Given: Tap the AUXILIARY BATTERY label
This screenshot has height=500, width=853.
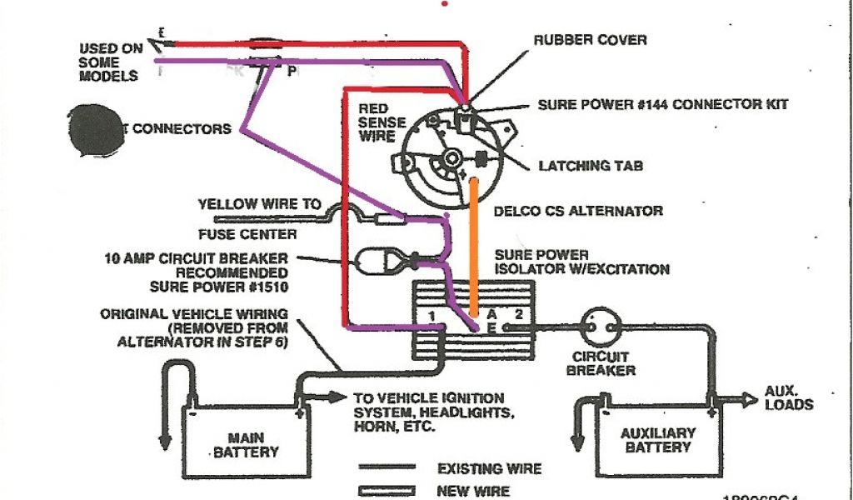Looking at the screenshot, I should click(x=657, y=440).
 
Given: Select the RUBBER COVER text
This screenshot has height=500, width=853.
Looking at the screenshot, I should click(x=590, y=39).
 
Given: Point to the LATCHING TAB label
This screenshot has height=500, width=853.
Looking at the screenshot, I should click(x=591, y=166).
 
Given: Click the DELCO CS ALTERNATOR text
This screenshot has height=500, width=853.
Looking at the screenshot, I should click(x=578, y=211).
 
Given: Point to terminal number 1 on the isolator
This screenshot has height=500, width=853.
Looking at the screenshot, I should click(x=431, y=315).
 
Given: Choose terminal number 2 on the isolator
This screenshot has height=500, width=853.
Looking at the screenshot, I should click(x=517, y=315).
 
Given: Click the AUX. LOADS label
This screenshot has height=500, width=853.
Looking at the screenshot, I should click(x=789, y=397).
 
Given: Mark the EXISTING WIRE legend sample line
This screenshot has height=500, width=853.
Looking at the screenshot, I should click(x=387, y=468).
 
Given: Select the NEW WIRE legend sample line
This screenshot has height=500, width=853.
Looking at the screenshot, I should click(x=387, y=491).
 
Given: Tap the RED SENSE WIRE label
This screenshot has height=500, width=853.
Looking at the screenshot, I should click(x=382, y=122).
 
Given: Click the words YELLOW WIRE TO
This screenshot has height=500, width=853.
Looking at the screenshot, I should click(x=260, y=203).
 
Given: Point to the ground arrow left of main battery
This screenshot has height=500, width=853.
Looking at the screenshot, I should click(x=165, y=437).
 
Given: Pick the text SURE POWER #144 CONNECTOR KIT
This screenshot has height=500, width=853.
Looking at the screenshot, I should click(x=662, y=105).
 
